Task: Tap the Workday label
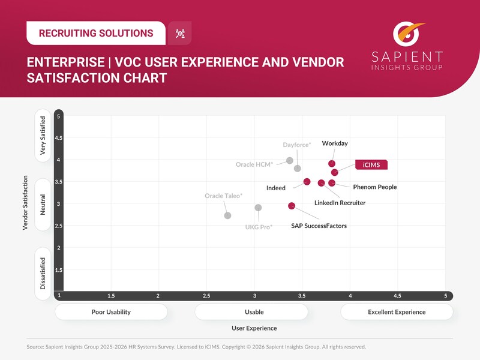(335, 143)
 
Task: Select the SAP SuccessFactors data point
(292, 206)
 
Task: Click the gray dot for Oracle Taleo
(227, 215)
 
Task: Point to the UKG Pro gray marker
(258, 208)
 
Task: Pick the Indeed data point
(307, 181)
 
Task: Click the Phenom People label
(374, 187)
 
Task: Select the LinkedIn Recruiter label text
(340, 203)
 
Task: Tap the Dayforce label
(296, 145)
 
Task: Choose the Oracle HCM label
(254, 164)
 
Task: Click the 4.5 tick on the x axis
(397, 296)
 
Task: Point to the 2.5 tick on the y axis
(58, 226)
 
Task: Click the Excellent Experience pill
(397, 312)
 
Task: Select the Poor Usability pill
(111, 312)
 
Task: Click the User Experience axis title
(254, 328)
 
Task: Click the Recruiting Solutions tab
(96, 33)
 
